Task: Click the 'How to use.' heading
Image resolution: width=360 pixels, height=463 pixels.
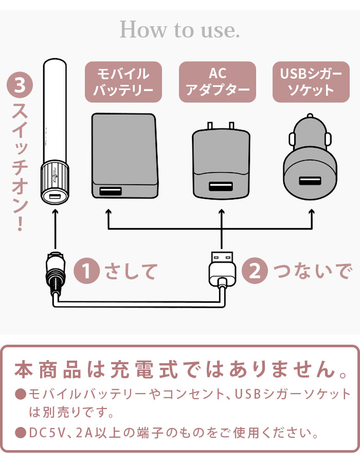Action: (179, 30)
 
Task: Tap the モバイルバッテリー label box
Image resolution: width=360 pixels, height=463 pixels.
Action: (123, 82)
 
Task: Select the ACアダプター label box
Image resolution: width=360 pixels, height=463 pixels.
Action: (218, 82)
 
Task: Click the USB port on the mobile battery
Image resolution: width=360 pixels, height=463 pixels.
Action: (111, 192)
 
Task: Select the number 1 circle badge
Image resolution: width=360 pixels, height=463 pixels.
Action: (87, 271)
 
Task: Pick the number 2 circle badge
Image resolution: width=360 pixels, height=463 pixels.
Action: (255, 271)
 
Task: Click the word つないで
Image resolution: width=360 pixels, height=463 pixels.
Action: (312, 271)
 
